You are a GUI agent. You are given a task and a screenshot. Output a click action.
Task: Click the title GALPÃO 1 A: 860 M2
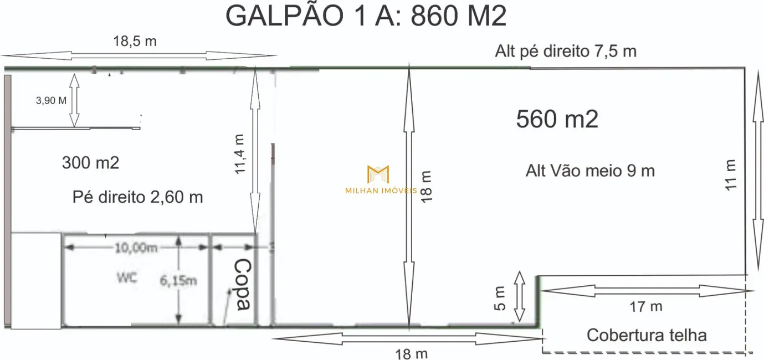tap(366, 16)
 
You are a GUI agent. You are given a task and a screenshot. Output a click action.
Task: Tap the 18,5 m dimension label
tap(135, 41)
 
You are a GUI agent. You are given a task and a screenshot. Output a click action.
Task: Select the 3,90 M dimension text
tap(51, 101)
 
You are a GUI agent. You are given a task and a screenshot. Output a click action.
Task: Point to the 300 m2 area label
tap(91, 163)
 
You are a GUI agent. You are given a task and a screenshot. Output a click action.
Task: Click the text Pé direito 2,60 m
tap(138, 197)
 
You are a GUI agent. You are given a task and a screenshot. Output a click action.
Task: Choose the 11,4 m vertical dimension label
tap(240, 154)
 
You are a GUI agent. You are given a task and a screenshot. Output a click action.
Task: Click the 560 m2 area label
tap(557, 119)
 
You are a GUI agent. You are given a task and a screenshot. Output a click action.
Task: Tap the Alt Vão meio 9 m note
tap(590, 171)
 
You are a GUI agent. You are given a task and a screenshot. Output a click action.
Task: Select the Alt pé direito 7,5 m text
tap(566, 51)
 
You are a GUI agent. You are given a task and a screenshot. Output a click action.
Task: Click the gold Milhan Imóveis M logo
tap(378, 174)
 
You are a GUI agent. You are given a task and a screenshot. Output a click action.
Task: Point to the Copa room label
tap(243, 284)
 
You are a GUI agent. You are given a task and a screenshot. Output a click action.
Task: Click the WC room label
tap(127, 278)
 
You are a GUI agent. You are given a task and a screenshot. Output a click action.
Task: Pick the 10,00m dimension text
tap(136, 248)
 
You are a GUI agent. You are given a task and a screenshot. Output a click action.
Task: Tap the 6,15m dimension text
tap(178, 281)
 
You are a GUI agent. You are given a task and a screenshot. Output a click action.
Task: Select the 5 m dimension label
tap(500, 299)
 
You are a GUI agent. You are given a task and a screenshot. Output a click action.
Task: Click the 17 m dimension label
tap(646, 307)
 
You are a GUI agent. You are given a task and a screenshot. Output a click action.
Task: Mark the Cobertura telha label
tap(647, 335)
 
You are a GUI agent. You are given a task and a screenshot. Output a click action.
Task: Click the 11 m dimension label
tap(730, 175)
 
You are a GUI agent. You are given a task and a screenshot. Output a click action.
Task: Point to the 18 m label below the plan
tap(411, 354)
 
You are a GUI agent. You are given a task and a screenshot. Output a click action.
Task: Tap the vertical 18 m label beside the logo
tap(427, 187)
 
